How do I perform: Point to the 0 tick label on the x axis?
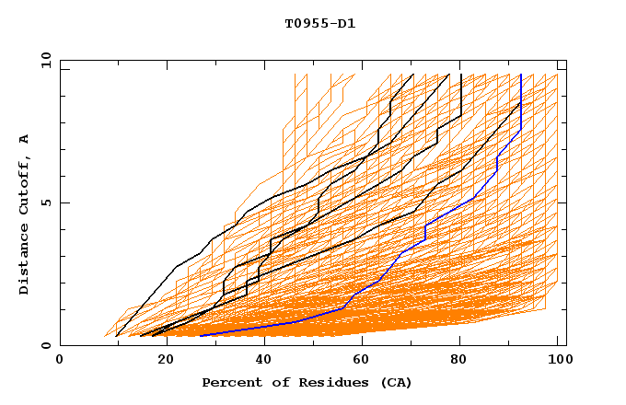click(60, 360)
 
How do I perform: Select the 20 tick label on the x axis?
click(160, 360)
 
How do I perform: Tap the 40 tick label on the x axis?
click(261, 360)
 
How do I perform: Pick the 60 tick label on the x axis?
click(361, 360)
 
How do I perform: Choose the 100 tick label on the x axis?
click(557, 360)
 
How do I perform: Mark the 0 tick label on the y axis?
click(45, 346)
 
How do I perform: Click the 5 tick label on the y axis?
click(45, 202)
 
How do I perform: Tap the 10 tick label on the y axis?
click(41, 60)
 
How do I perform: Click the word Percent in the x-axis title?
click(229, 383)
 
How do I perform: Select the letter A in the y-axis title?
click(25, 139)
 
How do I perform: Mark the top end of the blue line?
click(521, 75)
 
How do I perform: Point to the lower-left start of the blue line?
click(200, 335)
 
